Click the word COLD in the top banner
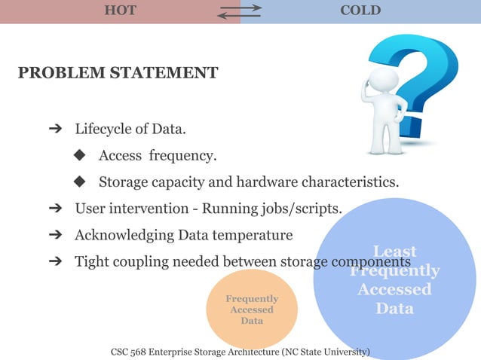click(x=360, y=11)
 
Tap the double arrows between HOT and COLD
click(x=240, y=11)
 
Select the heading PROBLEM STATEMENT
click(x=118, y=73)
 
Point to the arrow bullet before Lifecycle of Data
click(x=54, y=129)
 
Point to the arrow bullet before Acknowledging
click(x=54, y=235)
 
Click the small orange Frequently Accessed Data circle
click(x=252, y=310)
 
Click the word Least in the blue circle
click(x=394, y=252)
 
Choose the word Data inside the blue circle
click(x=394, y=309)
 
